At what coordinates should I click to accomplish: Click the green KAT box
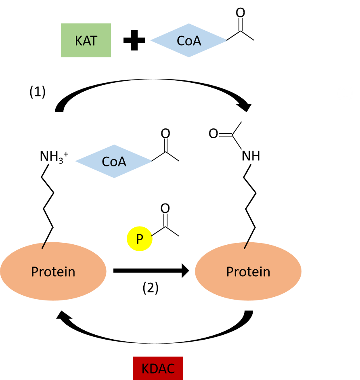[86, 40]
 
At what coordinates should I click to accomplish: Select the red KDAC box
[158, 368]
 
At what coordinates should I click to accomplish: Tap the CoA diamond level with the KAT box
[189, 40]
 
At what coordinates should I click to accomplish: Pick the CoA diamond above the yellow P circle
[114, 161]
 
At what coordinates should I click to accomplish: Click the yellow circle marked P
[139, 239]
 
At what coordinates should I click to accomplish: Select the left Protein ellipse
[53, 271]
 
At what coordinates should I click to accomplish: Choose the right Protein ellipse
[248, 271]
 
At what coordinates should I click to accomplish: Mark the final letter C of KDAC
[171, 369]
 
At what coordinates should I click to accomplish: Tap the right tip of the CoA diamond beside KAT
[227, 40]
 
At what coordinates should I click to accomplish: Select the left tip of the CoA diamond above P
[75, 161]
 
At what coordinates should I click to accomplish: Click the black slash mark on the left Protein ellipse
[44, 245]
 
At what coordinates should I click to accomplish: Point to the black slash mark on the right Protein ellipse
[246, 245]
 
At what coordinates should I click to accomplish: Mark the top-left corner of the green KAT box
[61, 24]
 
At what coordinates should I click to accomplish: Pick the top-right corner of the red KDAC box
[182, 357]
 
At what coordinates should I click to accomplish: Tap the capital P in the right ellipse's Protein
[230, 272]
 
